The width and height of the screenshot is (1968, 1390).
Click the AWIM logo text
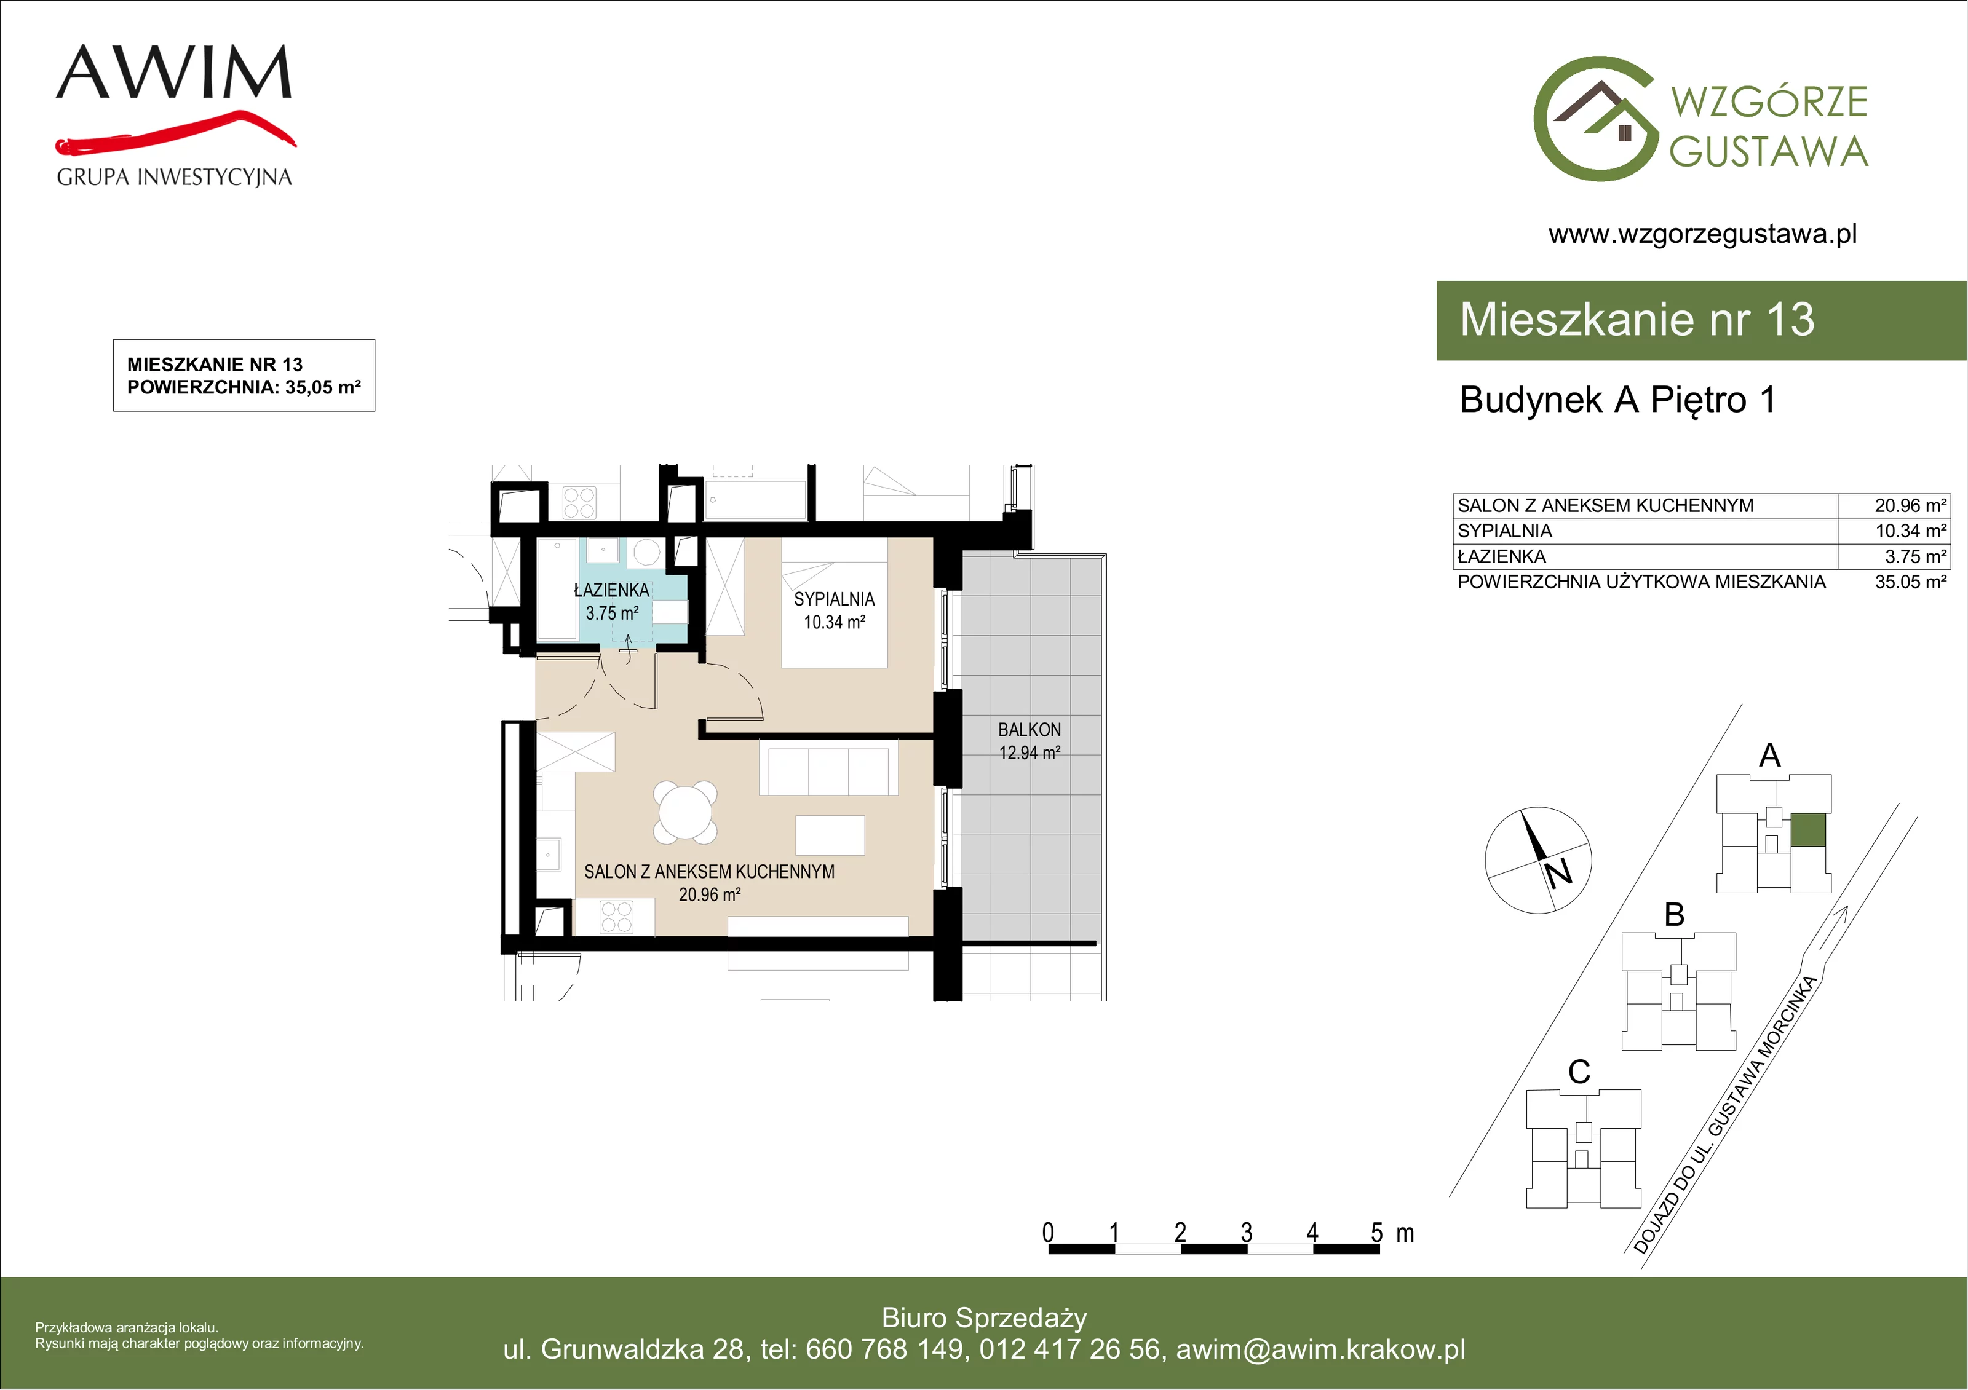[174, 72]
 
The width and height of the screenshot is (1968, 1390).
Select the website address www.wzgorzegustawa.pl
[1702, 234]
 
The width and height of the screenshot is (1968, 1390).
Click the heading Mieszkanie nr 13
[1637, 320]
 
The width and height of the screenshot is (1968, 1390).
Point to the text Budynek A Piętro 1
[1617, 400]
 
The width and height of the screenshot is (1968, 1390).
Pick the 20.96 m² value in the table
[1911, 505]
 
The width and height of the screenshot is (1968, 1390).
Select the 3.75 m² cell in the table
[1916, 556]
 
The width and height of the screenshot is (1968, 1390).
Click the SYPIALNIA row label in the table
[1505, 531]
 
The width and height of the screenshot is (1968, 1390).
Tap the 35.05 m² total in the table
[1911, 582]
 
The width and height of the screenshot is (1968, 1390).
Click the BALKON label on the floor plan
[1030, 730]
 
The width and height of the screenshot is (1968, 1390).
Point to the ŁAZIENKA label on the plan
[611, 590]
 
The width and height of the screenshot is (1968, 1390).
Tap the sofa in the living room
[829, 768]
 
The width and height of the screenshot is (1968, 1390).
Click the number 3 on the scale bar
[1246, 1233]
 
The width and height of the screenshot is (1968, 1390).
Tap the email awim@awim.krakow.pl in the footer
[1321, 1349]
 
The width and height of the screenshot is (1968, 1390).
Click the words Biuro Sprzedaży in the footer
[984, 1317]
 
